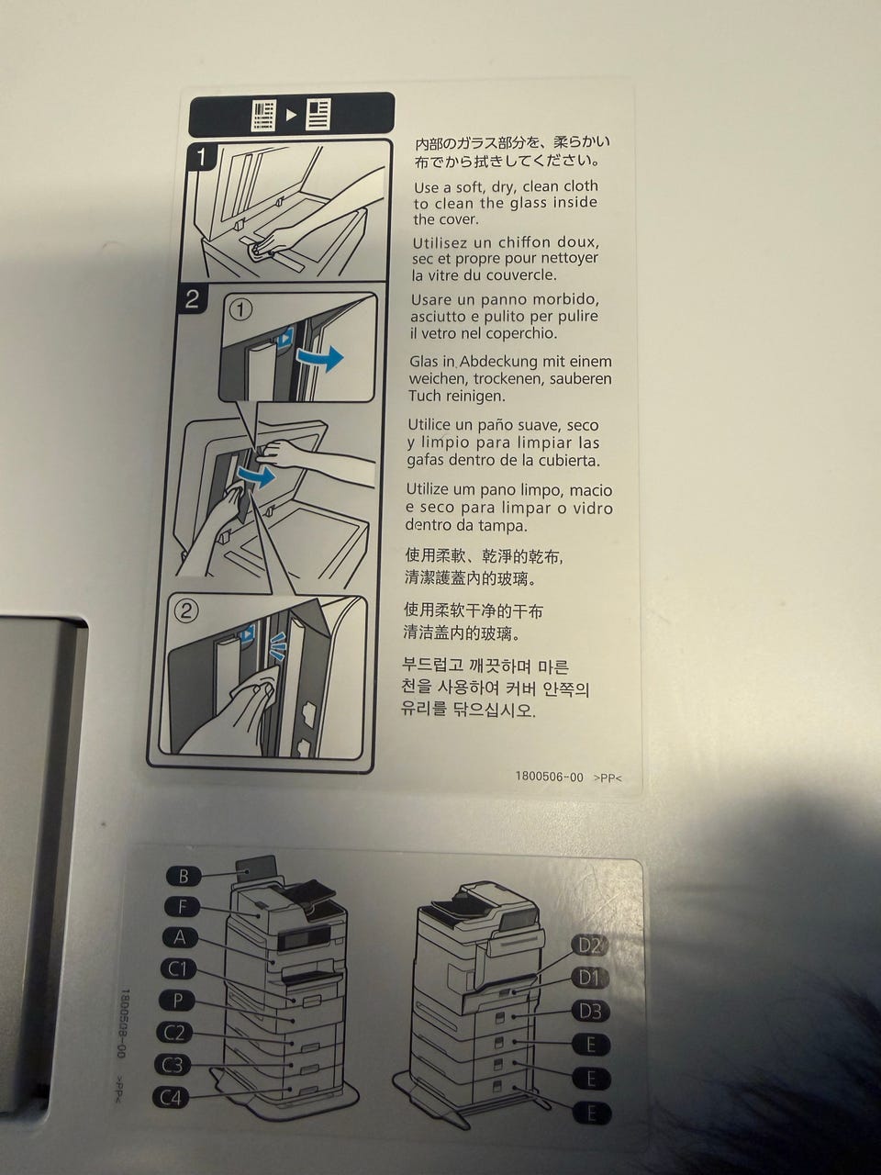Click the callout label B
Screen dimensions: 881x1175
[x=184, y=877]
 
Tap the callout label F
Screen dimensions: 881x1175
[x=182, y=907]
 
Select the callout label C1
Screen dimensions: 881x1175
[x=179, y=969]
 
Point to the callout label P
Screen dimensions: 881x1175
[x=178, y=1001]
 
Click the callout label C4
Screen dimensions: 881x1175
[x=172, y=1098]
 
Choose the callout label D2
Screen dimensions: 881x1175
[x=590, y=946]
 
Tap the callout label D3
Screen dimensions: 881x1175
[x=590, y=1012]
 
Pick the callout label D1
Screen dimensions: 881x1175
[x=590, y=979]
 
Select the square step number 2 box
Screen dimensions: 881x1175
[x=192, y=299]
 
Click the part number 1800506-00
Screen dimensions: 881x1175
[x=550, y=777]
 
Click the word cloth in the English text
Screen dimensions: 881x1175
[x=578, y=186]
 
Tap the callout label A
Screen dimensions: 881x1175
[x=180, y=938]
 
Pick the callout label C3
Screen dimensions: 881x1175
[x=173, y=1065]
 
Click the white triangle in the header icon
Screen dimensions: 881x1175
[x=291, y=115]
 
